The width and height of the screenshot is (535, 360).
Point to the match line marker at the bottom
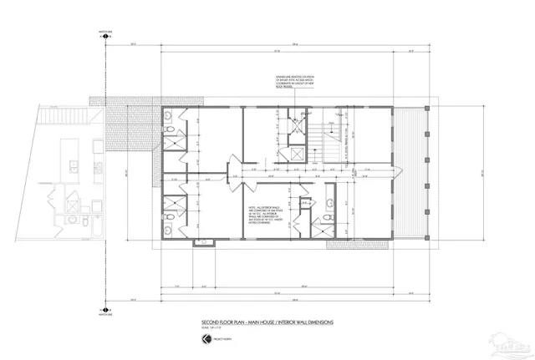105,312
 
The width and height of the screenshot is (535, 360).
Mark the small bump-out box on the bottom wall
202,244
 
